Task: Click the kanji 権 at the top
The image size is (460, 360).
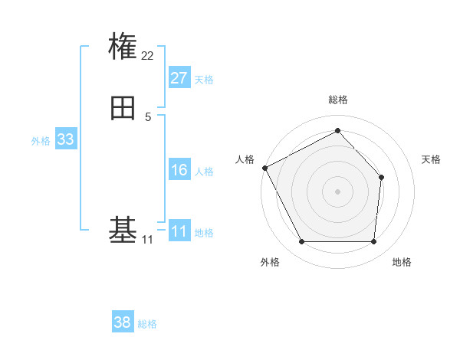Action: [x=123, y=47]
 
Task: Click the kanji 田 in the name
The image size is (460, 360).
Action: [x=123, y=108]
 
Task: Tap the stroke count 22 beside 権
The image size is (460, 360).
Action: [x=148, y=55]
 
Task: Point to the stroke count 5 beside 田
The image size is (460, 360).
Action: [x=148, y=116]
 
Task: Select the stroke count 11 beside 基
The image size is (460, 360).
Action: [x=147, y=240]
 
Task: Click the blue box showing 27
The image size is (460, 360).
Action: [x=179, y=78]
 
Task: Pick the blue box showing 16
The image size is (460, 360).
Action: [x=179, y=170]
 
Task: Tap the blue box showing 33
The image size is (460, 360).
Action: [x=65, y=139]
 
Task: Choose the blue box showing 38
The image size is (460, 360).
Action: [x=122, y=322]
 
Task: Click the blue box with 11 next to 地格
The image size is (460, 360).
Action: [x=179, y=231]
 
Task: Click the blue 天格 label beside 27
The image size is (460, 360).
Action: [x=204, y=80]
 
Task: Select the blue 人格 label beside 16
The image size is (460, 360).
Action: [x=204, y=172]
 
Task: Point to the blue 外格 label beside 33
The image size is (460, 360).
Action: [x=41, y=141]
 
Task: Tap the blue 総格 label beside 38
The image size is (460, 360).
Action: [x=147, y=324]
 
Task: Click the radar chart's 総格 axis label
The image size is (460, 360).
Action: [x=337, y=100]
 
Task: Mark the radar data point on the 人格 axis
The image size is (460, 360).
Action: [x=264, y=168]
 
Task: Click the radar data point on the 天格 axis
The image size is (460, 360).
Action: [x=381, y=177]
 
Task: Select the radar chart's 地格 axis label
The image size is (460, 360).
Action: [x=402, y=262]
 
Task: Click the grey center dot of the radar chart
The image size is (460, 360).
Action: [x=337, y=191]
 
